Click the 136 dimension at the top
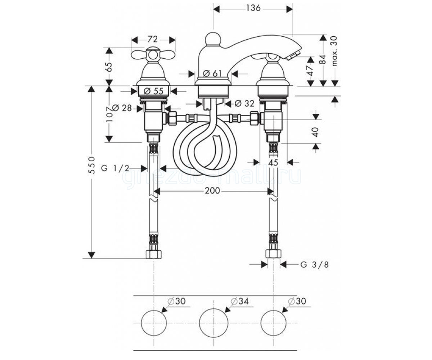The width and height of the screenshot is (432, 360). coord(253,8)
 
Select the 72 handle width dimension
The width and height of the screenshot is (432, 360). coord(153,39)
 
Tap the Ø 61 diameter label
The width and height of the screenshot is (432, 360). coord(212,73)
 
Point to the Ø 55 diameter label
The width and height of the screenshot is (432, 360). coord(154,91)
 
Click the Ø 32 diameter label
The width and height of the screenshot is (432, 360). coord(244,103)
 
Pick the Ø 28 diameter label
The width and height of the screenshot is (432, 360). coord(122,108)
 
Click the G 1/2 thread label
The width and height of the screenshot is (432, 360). coord(115,168)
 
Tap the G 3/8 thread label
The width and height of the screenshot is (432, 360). coord(315,265)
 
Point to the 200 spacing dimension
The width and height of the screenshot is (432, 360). coord(212,190)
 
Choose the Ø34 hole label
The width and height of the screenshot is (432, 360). coord(240,301)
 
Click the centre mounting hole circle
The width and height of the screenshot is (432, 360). coord(214,323)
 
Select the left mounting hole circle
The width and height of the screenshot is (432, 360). coord(154,323)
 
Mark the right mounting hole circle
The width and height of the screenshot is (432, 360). coord(274,323)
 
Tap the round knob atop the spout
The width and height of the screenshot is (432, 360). coord(213,39)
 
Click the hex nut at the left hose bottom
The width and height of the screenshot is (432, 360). coord(154,254)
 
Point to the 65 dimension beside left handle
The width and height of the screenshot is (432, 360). coord(109,66)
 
